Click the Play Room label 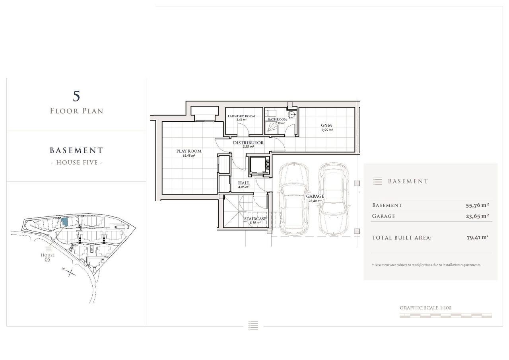click(x=189, y=151)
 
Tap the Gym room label click(x=326, y=125)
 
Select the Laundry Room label click(x=241, y=116)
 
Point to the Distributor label click(x=249, y=143)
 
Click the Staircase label click(x=255, y=219)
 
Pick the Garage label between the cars click(x=315, y=196)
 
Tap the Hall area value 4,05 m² click(x=244, y=187)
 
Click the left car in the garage click(x=294, y=199)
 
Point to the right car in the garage click(x=333, y=199)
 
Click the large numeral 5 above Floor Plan click(x=77, y=96)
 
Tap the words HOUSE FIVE click(x=77, y=163)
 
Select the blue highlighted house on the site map click(x=65, y=222)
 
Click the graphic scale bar click(x=446, y=316)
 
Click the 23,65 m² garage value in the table click(x=478, y=216)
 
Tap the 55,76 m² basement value click(x=478, y=205)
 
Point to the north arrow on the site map click(x=69, y=272)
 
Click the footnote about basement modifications click(x=426, y=265)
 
